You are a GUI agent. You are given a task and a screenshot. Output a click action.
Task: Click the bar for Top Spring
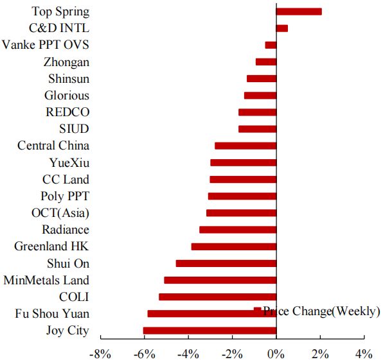tap(298, 12)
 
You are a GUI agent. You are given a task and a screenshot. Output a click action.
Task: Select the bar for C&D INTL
tap(281, 28)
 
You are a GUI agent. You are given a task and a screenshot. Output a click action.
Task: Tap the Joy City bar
tap(209, 331)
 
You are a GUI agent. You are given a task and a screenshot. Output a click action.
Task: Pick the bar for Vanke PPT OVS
tap(271, 45)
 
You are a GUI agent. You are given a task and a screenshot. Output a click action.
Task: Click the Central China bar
tap(245, 146)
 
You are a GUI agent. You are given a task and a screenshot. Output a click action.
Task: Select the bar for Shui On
tap(226, 263)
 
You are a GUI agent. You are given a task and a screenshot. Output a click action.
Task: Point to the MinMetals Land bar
tap(220, 280)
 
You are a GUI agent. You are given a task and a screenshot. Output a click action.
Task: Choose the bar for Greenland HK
tap(234, 246)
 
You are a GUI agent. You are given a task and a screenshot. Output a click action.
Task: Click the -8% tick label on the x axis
tap(100, 353)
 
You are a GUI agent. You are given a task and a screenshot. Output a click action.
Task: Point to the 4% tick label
tap(364, 353)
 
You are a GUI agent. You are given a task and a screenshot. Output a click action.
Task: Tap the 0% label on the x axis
tap(276, 353)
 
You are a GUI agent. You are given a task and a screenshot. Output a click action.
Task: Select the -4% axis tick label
tap(188, 353)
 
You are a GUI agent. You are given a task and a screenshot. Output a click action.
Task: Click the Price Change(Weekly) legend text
tap(321, 311)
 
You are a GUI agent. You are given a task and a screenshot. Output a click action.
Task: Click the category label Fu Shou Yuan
tap(53, 314)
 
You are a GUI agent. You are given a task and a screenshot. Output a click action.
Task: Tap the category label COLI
tap(74, 297)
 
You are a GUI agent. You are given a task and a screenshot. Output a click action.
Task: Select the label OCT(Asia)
tap(60, 213)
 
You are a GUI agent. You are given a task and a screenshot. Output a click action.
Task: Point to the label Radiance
tap(66, 230)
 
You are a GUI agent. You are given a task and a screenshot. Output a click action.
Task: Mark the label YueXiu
tap(69, 162)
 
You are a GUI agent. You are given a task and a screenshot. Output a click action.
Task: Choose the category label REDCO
tap(67, 112)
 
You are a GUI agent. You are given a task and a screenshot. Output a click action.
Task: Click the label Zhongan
tap(67, 62)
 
